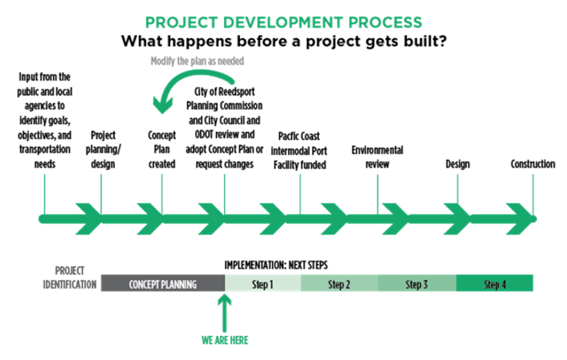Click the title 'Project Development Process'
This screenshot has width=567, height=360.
(x=283, y=23)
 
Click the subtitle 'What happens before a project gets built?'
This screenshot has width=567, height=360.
(x=283, y=41)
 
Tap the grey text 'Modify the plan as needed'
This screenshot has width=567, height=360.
(x=197, y=61)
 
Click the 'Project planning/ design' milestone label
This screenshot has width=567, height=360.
(x=103, y=149)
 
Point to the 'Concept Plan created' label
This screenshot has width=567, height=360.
(x=162, y=149)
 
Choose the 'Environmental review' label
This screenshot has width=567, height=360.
(x=377, y=156)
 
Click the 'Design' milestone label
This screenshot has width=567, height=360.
(x=458, y=163)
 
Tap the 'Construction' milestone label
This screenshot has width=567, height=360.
(x=533, y=163)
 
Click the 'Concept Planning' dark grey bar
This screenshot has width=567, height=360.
(x=163, y=284)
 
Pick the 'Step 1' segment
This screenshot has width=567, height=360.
(x=262, y=284)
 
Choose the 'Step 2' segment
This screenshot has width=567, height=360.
(x=339, y=284)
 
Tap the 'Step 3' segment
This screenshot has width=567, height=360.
(x=417, y=284)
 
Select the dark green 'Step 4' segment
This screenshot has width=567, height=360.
(x=494, y=284)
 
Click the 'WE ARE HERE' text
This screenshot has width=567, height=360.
(x=225, y=340)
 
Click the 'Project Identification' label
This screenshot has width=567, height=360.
(x=70, y=277)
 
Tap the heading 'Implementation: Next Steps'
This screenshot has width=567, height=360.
(x=276, y=266)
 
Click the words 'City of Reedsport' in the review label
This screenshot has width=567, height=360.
(x=224, y=92)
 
